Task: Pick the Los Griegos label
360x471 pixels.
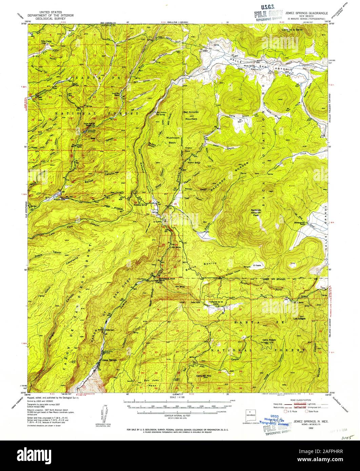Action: [x=300, y=319]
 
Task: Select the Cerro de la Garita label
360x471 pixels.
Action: [x=292, y=29]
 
